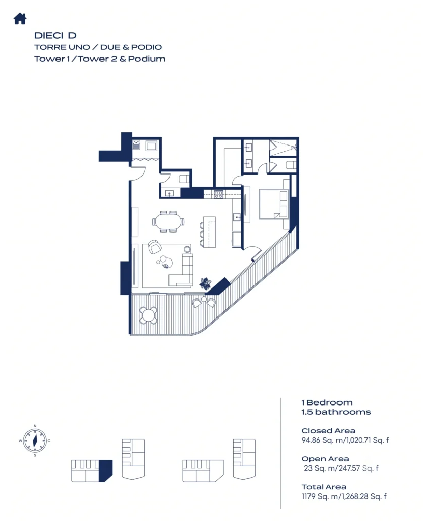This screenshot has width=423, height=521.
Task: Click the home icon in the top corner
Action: coord(20,19)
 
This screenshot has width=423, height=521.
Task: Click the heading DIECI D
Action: coord(55,35)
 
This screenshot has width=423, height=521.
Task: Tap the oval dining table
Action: coord(167,221)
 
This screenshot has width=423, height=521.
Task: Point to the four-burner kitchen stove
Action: coord(218,194)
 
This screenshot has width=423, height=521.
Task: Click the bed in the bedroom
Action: coord(274,204)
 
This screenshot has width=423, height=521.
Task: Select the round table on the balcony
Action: coord(148,315)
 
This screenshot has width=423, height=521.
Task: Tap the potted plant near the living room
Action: coord(205,283)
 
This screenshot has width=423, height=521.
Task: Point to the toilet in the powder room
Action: coord(184,179)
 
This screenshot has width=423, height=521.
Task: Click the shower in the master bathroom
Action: coord(283,148)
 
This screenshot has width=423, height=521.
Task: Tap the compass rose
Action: coord(35,441)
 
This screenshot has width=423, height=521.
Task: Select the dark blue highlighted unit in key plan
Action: coord(105,471)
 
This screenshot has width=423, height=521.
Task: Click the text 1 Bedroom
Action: coord(327,403)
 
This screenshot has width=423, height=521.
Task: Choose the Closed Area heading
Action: coord(328,431)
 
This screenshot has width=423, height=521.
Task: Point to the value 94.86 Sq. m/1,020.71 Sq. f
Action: coord(345,440)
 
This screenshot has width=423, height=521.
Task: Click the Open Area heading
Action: coord(325,459)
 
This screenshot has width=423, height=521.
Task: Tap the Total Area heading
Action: coord(324,487)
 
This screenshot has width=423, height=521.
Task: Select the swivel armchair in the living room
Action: coord(154,247)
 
